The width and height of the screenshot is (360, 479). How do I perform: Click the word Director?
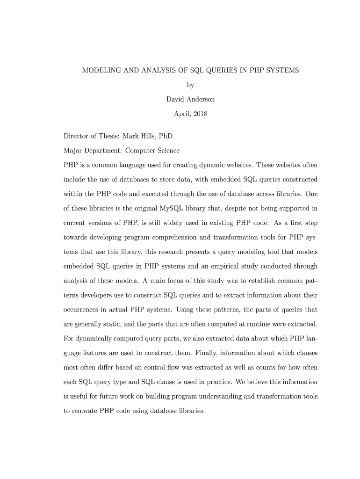[77, 136]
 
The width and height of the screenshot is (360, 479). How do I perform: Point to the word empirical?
[223, 267]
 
